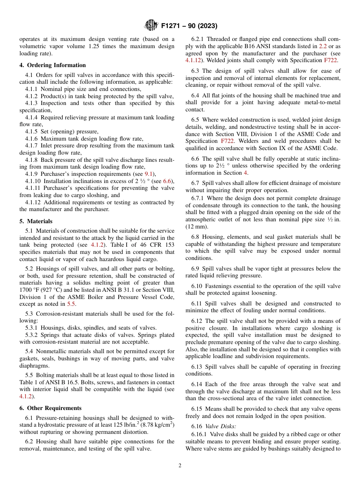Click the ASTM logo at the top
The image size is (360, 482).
[151, 26]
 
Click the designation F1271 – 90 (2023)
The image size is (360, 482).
[189, 26]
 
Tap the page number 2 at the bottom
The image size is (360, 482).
[180, 466]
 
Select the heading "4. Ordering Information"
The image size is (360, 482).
[53, 65]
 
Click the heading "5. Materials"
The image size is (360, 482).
[36, 221]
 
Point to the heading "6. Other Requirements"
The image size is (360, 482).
[50, 408]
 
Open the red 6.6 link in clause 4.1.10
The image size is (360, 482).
[167, 181]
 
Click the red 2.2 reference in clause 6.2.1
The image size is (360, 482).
[323, 46]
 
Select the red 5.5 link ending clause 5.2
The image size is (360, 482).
[71, 304]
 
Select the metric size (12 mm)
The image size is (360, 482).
[197, 227]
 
